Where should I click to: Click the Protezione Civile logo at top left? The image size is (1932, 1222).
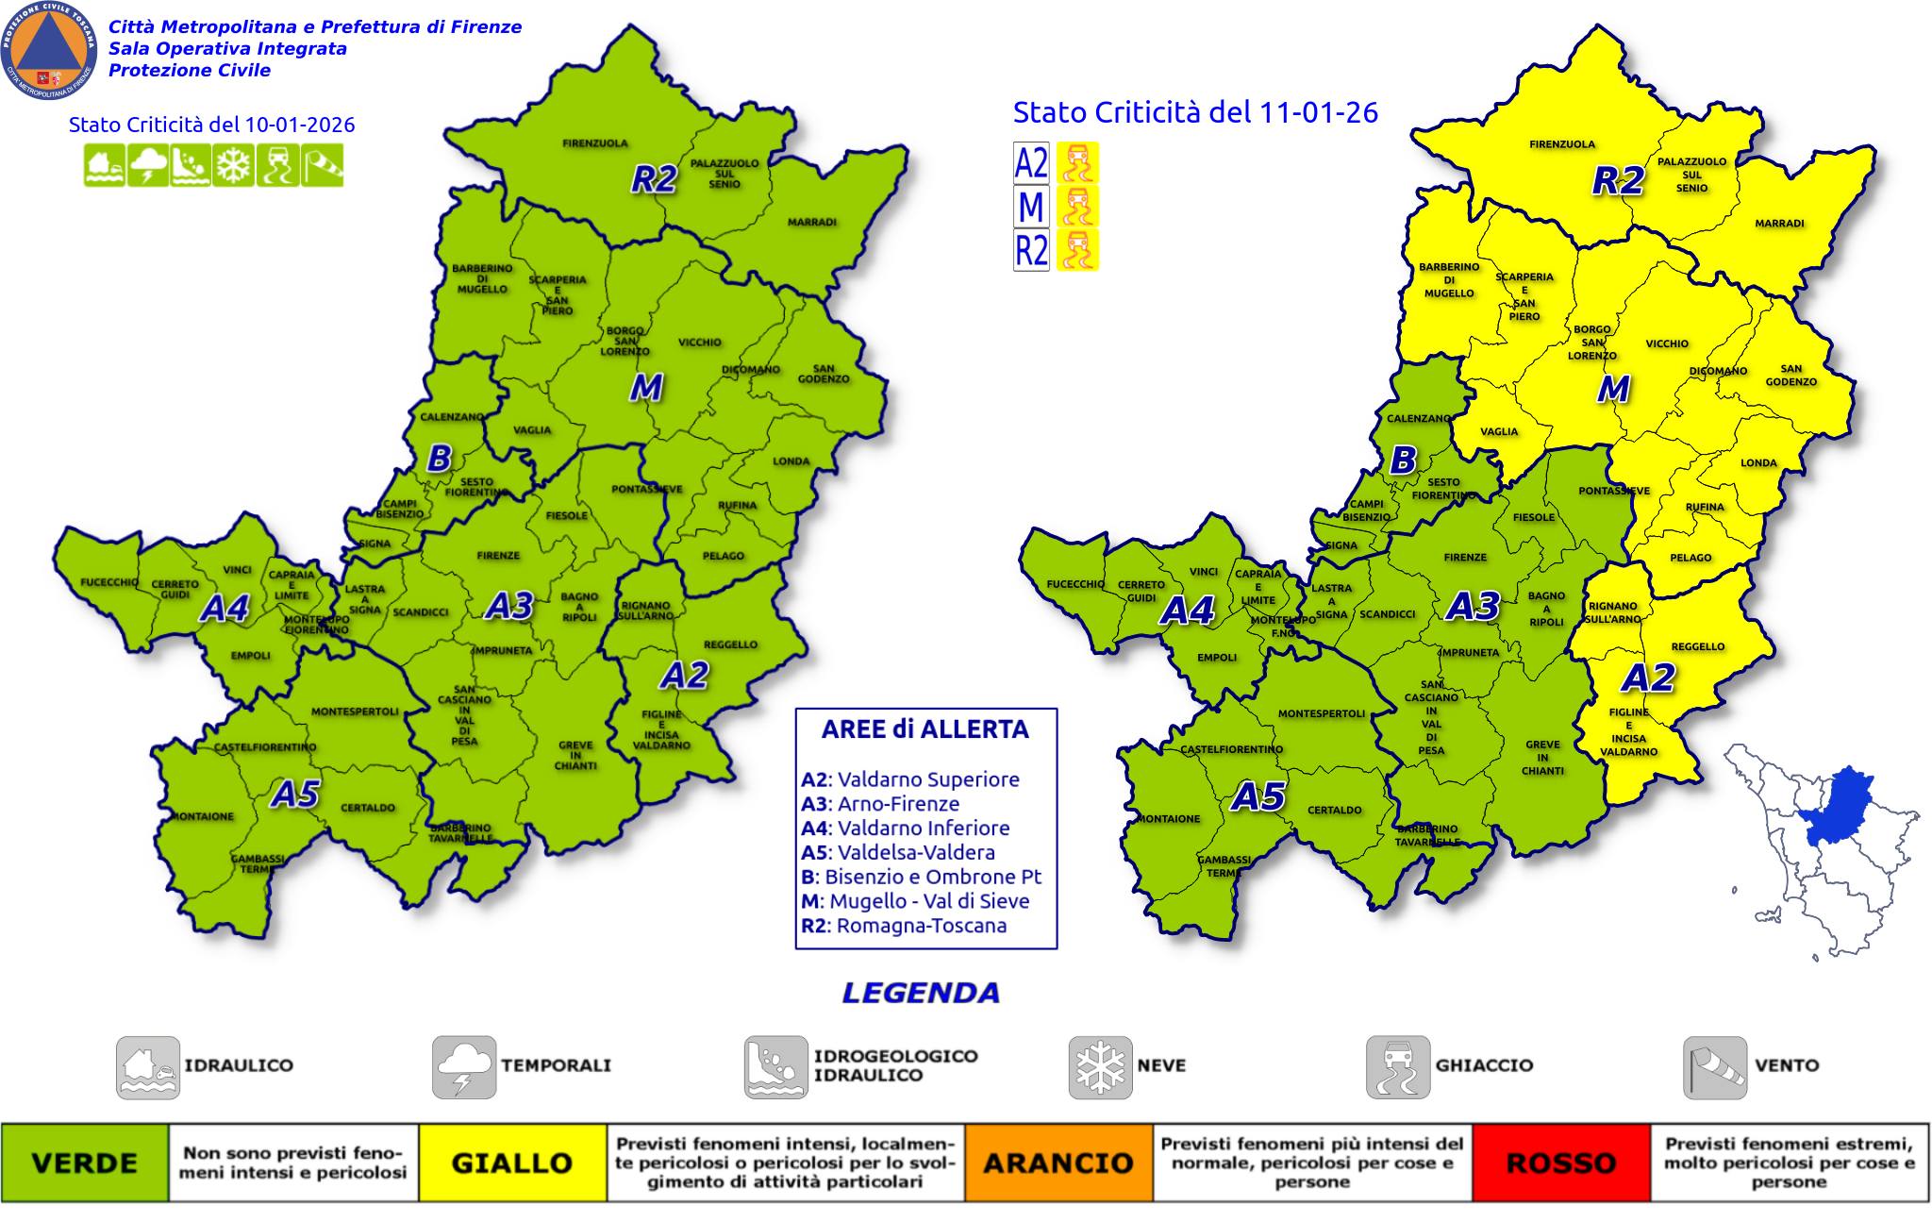coord(49,49)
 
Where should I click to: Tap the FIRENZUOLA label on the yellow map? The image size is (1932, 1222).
coord(1561,144)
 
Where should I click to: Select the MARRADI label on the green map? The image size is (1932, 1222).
coord(811,223)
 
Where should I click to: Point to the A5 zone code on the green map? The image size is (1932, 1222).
coord(295,795)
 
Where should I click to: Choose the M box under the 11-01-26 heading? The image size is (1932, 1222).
coord(1030,207)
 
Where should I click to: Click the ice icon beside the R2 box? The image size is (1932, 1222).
coord(1077,250)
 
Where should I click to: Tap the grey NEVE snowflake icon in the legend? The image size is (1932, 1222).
coord(1099,1066)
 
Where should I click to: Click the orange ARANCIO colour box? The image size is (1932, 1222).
coord(1058,1163)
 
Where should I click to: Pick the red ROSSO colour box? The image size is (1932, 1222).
coord(1560,1163)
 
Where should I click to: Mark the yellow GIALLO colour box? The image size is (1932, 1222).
coord(511,1163)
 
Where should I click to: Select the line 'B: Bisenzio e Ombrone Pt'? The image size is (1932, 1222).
coord(921,877)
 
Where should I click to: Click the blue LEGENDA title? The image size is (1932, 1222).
coord(921,993)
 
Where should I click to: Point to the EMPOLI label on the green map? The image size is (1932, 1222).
coord(250,655)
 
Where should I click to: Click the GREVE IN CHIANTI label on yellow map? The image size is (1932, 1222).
coord(1542,758)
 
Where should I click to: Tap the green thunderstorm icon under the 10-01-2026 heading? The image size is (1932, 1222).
coord(149,166)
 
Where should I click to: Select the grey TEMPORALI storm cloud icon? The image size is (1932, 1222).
coord(463,1066)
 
